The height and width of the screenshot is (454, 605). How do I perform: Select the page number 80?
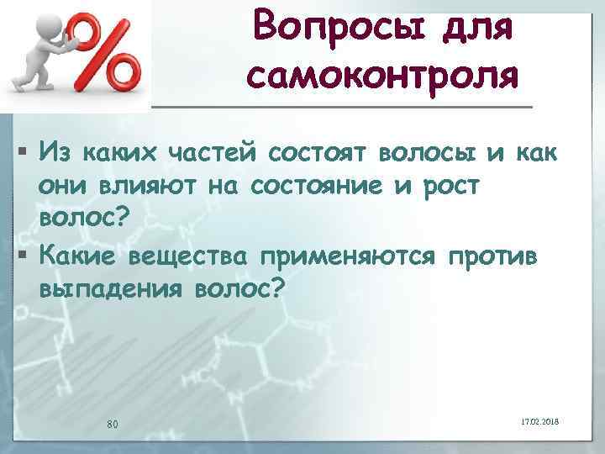(x=112, y=423)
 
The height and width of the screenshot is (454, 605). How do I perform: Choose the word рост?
(x=452, y=186)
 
